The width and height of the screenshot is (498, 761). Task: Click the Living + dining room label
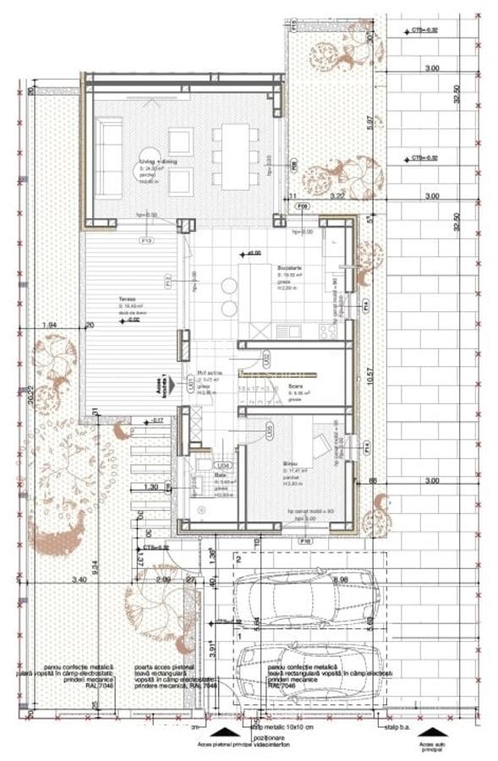(x=161, y=162)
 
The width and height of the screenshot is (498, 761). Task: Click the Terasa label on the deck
(x=129, y=309)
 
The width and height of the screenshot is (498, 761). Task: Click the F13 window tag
(x=146, y=240)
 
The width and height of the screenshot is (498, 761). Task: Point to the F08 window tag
(x=293, y=165)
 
